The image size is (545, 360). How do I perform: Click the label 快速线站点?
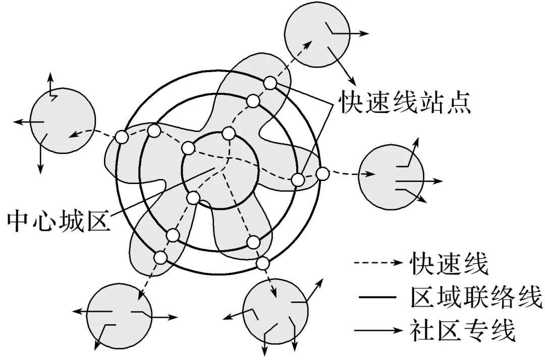point(405,102)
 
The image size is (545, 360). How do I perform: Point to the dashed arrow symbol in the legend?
point(378,263)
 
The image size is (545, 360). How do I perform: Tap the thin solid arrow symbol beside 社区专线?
point(378,331)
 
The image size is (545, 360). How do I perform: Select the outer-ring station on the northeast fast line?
point(270,82)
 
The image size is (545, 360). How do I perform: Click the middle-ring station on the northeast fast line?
point(254,101)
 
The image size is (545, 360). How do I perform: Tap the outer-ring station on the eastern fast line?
point(322,174)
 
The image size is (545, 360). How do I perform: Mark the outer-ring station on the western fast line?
point(121,137)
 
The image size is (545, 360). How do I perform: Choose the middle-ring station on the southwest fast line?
point(173,235)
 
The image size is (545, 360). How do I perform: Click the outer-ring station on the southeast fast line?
point(262,263)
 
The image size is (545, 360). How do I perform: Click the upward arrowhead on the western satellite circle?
point(49,76)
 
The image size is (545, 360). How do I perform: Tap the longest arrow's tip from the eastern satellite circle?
point(443,180)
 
